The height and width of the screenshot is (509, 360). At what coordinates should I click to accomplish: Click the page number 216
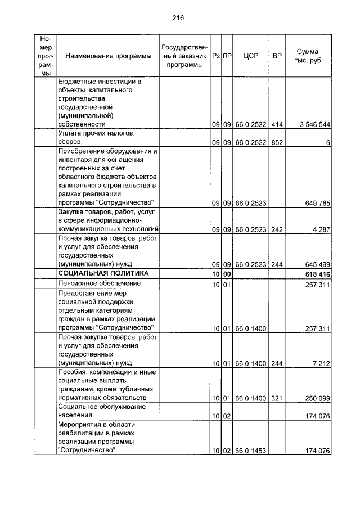pos(178,18)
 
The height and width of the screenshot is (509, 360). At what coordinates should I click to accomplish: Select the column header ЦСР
pos(251,56)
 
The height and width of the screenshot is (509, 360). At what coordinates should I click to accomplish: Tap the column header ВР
pos(277,56)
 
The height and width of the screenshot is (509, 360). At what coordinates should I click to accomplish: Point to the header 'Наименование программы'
pos(108,56)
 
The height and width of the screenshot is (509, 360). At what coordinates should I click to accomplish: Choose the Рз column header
pos(216,56)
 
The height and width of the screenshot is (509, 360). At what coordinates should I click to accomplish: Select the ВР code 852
pos(277,143)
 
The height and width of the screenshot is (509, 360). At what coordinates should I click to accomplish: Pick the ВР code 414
pos(277,124)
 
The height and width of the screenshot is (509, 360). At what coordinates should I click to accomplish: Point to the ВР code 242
pos(277,229)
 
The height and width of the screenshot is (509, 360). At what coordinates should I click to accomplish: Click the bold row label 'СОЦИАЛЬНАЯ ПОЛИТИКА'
pos(103,273)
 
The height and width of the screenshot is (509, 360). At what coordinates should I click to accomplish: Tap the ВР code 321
pos(277,398)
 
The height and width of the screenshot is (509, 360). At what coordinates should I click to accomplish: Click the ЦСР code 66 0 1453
pos(251,451)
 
